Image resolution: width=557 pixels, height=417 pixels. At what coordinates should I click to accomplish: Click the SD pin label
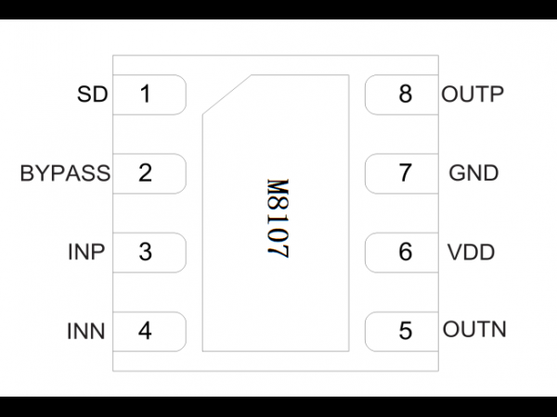pyautogui.click(x=92, y=95)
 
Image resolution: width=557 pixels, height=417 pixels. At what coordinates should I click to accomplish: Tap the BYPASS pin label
pyautogui.click(x=65, y=173)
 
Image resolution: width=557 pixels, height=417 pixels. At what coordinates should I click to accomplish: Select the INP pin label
pyautogui.click(x=86, y=252)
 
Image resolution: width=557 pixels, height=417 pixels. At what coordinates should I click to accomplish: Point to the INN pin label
pyautogui.click(x=86, y=331)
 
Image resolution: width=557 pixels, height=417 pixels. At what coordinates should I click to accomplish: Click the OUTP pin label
pyautogui.click(x=473, y=95)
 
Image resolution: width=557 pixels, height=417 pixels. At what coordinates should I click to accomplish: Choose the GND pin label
pyautogui.click(x=473, y=173)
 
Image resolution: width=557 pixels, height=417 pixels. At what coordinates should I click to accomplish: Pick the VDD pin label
pyautogui.click(x=471, y=252)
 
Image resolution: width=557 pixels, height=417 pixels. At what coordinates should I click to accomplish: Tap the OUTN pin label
pyautogui.click(x=474, y=329)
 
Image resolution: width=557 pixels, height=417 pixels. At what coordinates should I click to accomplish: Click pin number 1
pyautogui.click(x=146, y=94)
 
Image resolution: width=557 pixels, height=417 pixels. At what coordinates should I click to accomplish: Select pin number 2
pyautogui.click(x=145, y=172)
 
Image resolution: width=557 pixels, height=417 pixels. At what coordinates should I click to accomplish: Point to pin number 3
pyautogui.click(x=145, y=252)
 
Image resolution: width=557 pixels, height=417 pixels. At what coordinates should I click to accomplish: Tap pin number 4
pyautogui.click(x=145, y=331)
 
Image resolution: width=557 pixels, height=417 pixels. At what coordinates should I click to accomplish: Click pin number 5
pyautogui.click(x=406, y=331)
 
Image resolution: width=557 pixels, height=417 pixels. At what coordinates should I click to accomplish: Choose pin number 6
pyautogui.click(x=406, y=252)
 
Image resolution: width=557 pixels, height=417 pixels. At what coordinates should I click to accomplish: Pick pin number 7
pyautogui.click(x=406, y=173)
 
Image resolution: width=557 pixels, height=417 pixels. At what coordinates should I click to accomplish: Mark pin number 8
pyautogui.click(x=406, y=94)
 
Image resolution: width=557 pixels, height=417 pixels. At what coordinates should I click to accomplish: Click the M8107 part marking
pyautogui.click(x=278, y=219)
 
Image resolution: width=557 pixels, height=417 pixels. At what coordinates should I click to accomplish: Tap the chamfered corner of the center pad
pyautogui.click(x=227, y=95)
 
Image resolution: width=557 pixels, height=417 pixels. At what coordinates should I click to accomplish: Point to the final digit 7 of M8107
pyautogui.click(x=278, y=251)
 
